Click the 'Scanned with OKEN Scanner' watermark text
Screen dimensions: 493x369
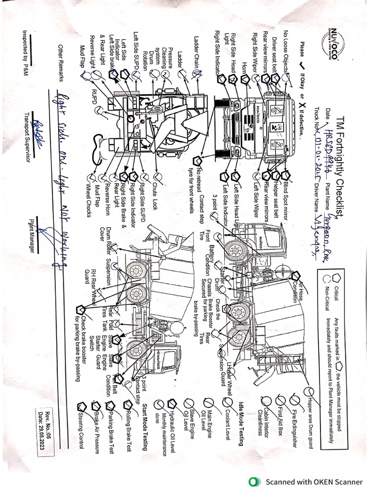(315, 481)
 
